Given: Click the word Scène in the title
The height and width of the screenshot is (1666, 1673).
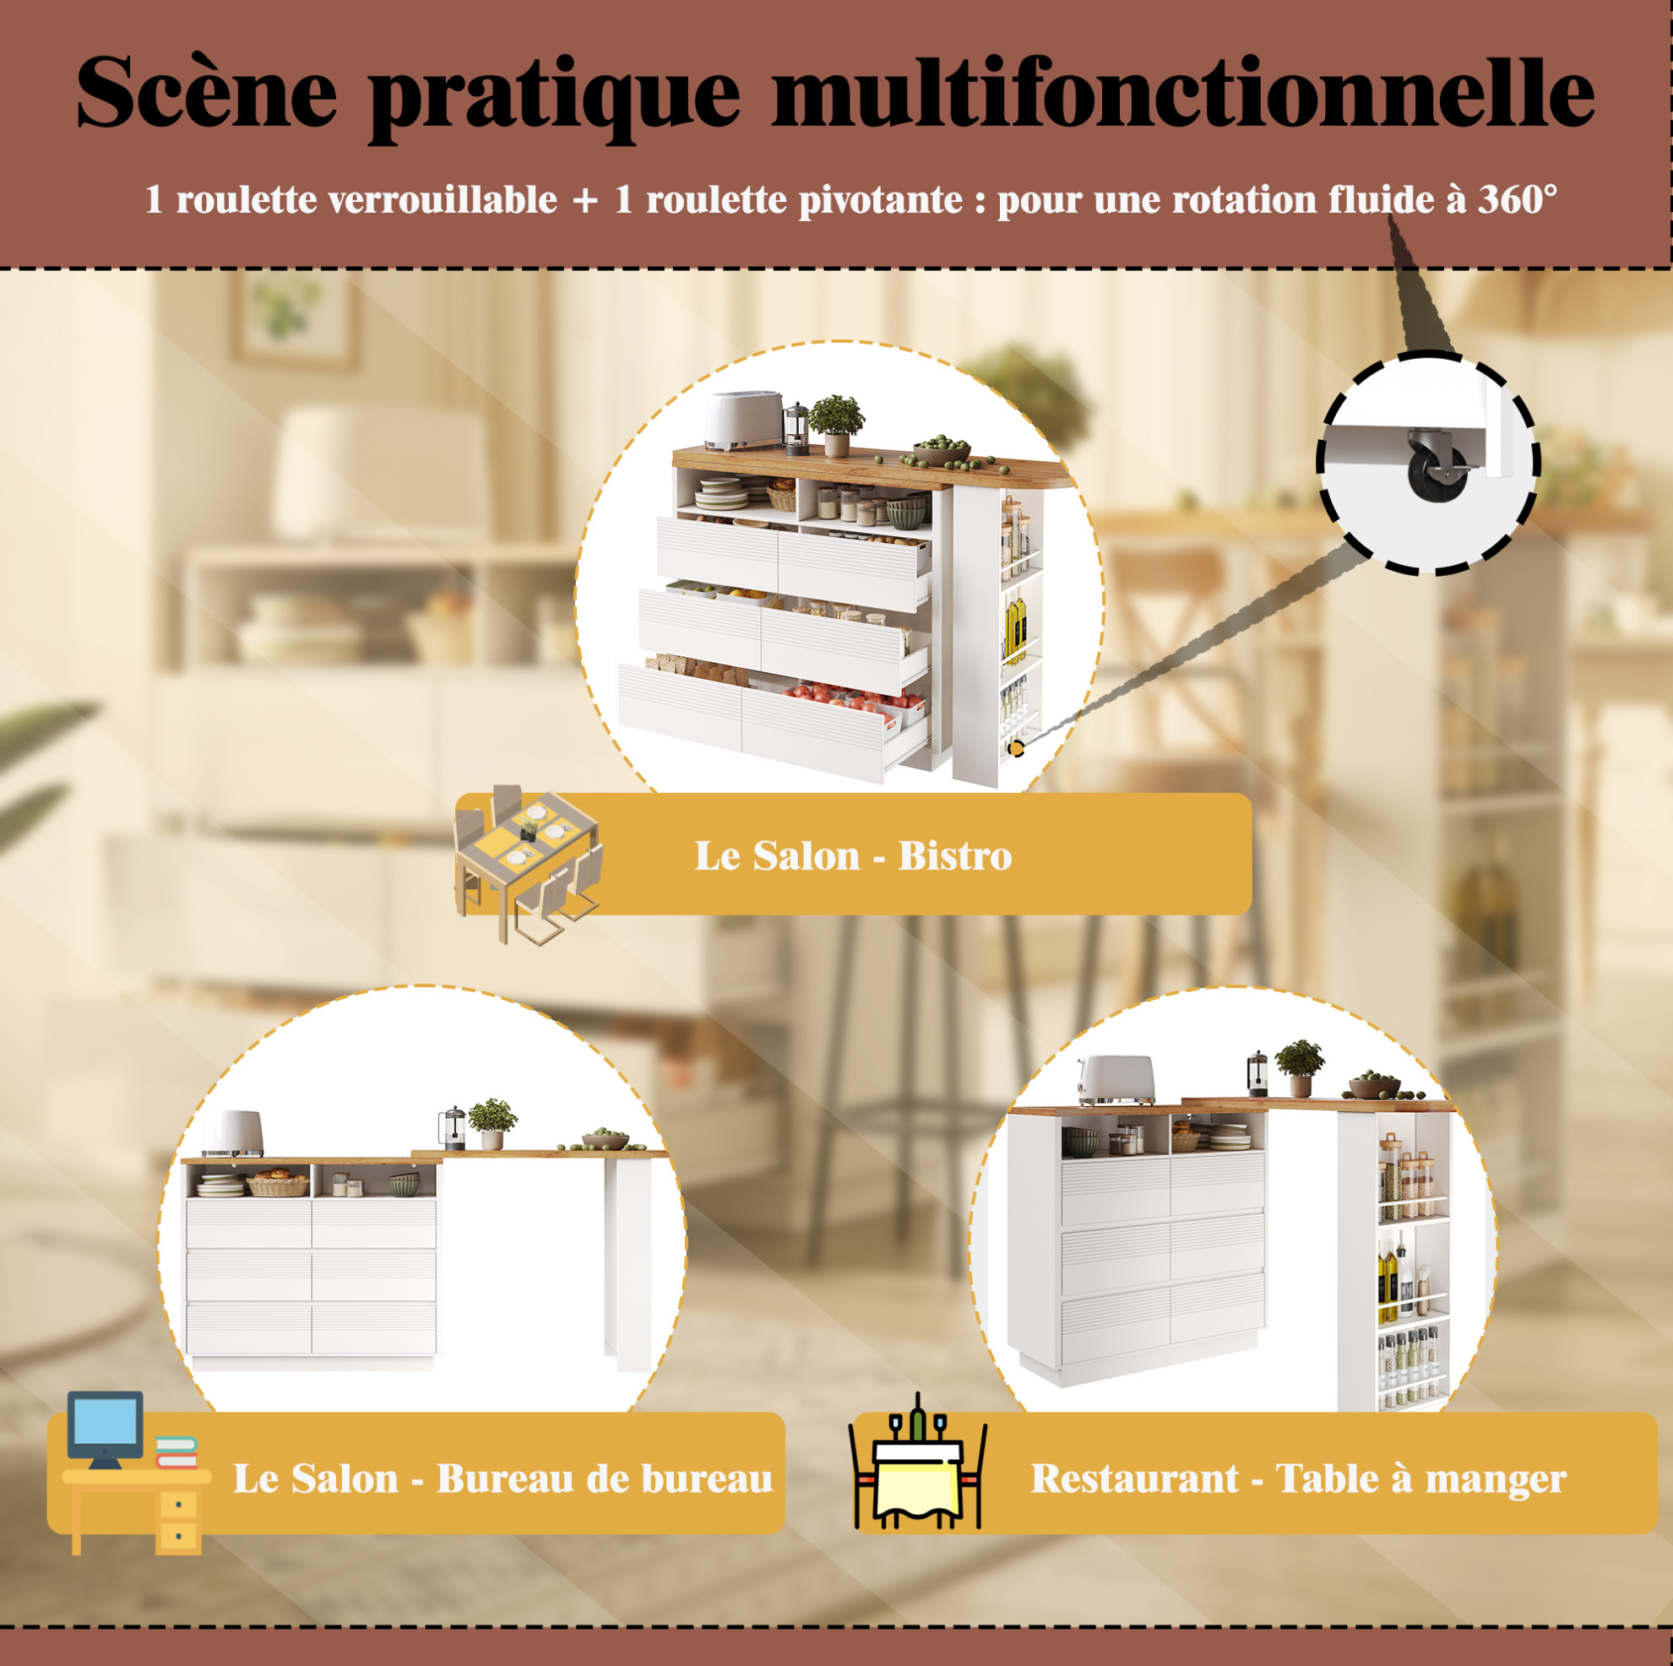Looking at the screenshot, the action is [206, 92].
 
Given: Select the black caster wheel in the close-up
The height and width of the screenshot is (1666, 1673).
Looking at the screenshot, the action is [1437, 472].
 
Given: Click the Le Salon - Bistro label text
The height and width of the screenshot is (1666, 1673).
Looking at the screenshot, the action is [853, 855].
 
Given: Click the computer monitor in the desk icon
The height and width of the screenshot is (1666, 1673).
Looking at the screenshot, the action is [106, 1430].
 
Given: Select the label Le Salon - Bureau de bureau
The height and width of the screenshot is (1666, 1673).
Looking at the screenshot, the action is [502, 1479].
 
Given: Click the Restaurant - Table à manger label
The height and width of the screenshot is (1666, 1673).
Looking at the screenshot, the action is [1298, 1479].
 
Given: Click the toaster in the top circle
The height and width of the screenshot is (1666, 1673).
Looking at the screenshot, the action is [742, 421].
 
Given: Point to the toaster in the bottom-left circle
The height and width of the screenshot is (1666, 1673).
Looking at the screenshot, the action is [232, 1133].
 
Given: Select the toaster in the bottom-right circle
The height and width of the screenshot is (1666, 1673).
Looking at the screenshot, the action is [1116, 1080].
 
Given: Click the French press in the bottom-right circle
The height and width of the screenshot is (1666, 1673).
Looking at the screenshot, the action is [1257, 1073].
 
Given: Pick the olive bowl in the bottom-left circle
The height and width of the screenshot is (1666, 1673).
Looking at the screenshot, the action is [605, 1141].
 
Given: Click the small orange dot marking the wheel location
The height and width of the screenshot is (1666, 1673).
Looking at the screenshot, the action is [1015, 747].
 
